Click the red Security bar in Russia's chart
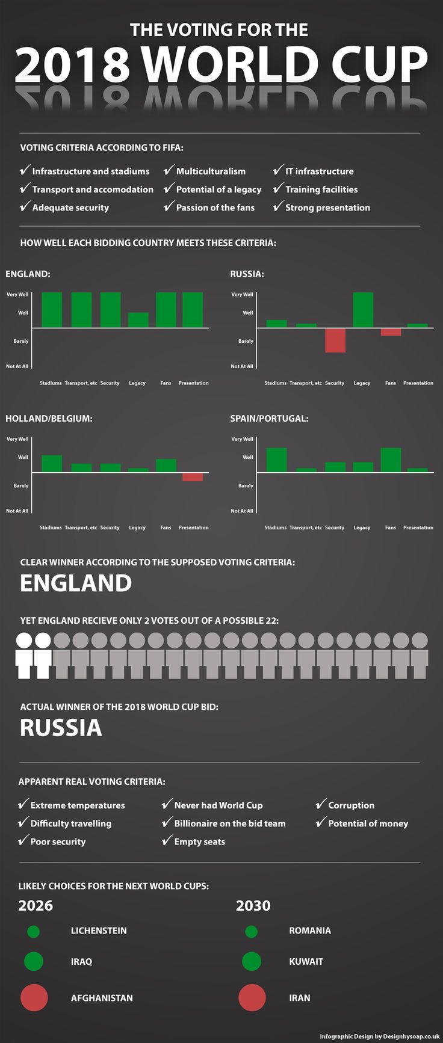pos(335,340)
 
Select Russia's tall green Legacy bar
pos(363,310)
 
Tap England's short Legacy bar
pos(138,320)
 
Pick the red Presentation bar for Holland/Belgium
pos(193,477)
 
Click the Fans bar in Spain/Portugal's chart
pos(391,460)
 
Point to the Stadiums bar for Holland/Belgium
pos(52,464)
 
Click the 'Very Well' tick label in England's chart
pos(17,295)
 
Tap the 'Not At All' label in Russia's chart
pos(242,366)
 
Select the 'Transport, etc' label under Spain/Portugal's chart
pos(306,528)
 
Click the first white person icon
pos(24,655)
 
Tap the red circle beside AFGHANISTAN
pos(34,997)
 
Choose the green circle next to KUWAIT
pos(252,961)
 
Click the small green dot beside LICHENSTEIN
pos(34,931)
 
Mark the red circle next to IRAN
pos(252,997)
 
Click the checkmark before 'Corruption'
pos(321,804)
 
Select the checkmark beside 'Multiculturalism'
pos(169,170)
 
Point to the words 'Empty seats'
pos(199,841)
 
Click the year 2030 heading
pos(253,905)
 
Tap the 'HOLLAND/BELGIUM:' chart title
pos(49,418)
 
